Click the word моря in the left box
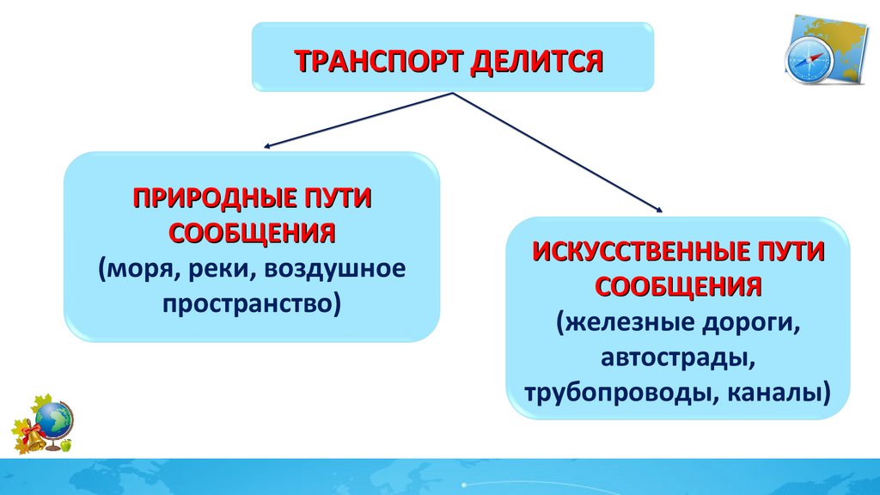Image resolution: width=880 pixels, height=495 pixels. (x=133, y=269)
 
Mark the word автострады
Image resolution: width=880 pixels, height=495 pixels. (x=679, y=358)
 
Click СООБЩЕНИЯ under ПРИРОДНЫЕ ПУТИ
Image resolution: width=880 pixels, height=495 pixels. (x=251, y=233)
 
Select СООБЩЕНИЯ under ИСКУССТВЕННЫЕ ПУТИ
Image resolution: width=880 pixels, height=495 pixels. (x=679, y=286)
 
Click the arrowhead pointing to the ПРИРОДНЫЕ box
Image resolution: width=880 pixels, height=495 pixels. (x=269, y=147)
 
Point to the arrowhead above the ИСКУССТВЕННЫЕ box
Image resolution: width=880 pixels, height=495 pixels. (x=659, y=210)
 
